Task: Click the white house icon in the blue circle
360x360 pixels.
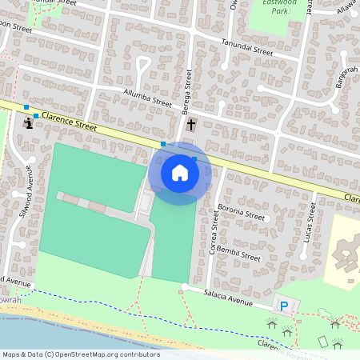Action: (x=180, y=173)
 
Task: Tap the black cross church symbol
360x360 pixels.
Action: (x=190, y=124)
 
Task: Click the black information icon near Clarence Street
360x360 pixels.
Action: (x=29, y=122)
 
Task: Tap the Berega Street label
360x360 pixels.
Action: (x=190, y=89)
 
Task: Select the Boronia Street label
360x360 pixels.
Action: (x=241, y=214)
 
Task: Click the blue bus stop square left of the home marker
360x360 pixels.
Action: (x=163, y=144)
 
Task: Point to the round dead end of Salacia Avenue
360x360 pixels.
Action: (x=184, y=286)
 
